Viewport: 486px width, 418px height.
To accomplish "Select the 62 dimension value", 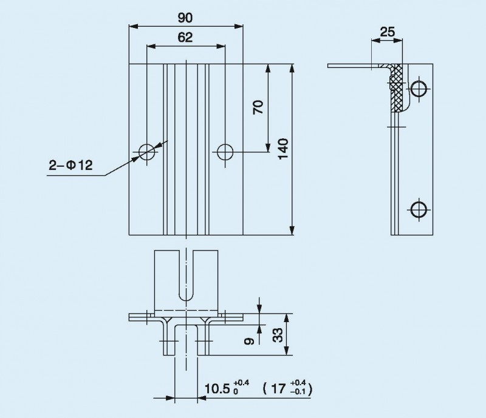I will tap(185, 38).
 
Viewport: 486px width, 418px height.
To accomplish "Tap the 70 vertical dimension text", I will tap(258, 108).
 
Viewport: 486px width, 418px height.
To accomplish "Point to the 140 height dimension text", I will tap(282, 149).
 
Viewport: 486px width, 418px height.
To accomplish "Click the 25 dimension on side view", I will tap(386, 32).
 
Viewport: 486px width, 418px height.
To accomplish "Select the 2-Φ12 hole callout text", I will tap(71, 166).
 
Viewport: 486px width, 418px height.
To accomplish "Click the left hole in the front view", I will tap(147, 151).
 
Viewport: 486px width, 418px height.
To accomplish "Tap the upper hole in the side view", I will tap(419, 89).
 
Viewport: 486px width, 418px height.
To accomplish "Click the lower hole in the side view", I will tap(419, 209).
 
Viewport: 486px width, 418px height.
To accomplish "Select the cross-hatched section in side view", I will tap(397, 89).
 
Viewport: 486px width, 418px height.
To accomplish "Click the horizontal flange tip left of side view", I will tap(330, 66).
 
